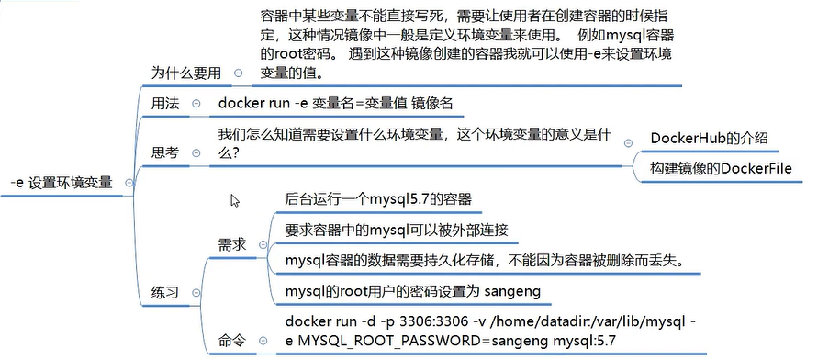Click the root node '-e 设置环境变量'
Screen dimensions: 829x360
click(x=61, y=182)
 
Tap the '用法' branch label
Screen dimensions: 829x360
click(x=166, y=104)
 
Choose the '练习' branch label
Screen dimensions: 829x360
click(x=166, y=291)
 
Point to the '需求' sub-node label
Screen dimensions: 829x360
click(x=231, y=245)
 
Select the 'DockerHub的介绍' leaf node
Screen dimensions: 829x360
click(x=708, y=139)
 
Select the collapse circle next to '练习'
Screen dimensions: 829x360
click(x=196, y=292)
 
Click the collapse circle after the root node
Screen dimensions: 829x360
click(x=128, y=182)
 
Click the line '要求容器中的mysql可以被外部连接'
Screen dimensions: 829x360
click(x=397, y=229)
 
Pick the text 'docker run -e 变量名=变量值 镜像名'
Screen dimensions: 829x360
click(x=335, y=103)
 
